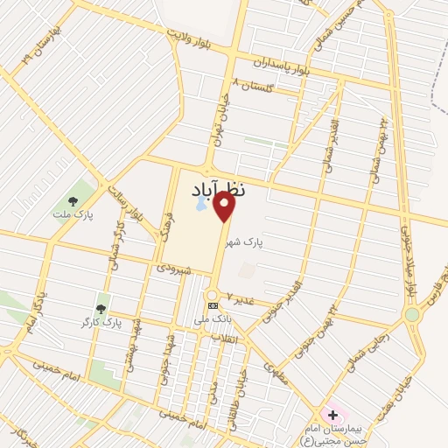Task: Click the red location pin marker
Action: [x=225, y=207]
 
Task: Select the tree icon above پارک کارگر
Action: [x=101, y=309]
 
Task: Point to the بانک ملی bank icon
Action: [x=213, y=304]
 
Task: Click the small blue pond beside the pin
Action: [x=199, y=206]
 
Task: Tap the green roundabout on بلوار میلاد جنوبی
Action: [x=411, y=314]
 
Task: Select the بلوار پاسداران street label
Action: [x=283, y=64]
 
